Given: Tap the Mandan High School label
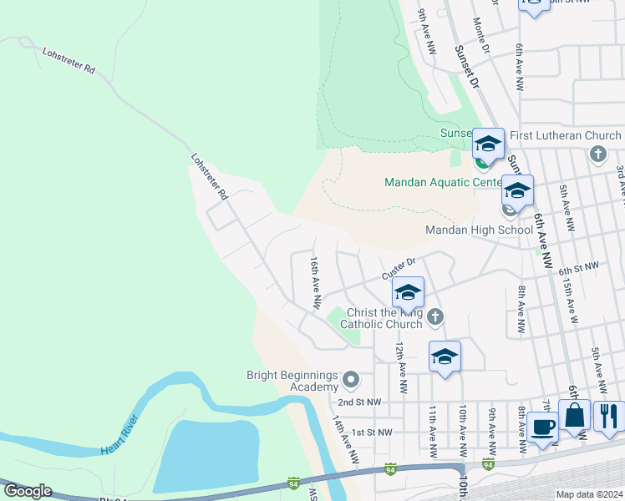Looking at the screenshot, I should click(x=479, y=230).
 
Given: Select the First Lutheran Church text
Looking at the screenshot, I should click(x=566, y=135).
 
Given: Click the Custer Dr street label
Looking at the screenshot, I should click(x=398, y=268).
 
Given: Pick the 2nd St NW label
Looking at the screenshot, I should click(x=361, y=402).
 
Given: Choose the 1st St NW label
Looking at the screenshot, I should click(x=372, y=432).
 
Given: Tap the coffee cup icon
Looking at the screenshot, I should click(x=542, y=428).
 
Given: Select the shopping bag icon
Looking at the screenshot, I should click(x=575, y=414).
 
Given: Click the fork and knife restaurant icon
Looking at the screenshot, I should click(x=608, y=415).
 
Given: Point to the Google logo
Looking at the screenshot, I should click(x=28, y=490).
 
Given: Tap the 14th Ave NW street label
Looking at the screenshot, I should click(x=345, y=440).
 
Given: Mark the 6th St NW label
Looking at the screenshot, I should click(x=579, y=266).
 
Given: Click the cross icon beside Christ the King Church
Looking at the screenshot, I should click(x=435, y=316).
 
